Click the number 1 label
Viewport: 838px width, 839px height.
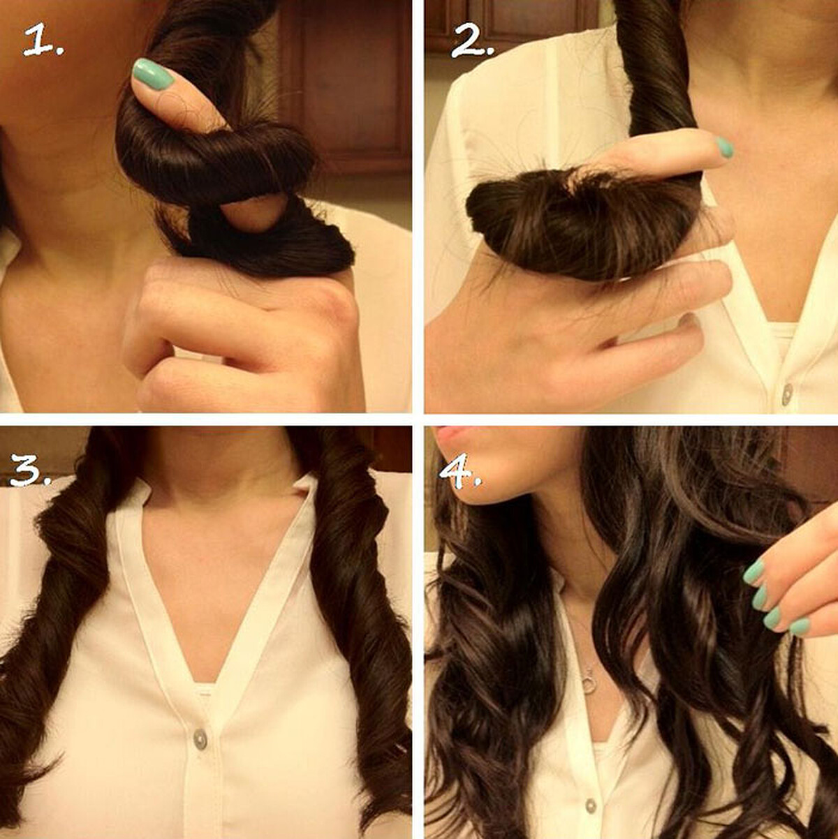[43, 40]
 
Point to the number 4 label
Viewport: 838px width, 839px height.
[460, 470]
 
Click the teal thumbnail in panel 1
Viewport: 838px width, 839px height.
[152, 74]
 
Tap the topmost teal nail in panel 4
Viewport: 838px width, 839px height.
[754, 572]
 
